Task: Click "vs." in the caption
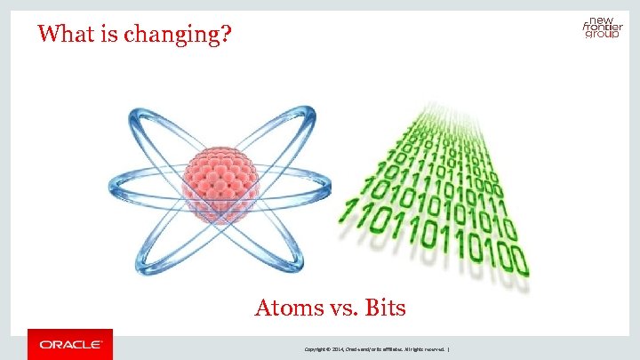[341, 308]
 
